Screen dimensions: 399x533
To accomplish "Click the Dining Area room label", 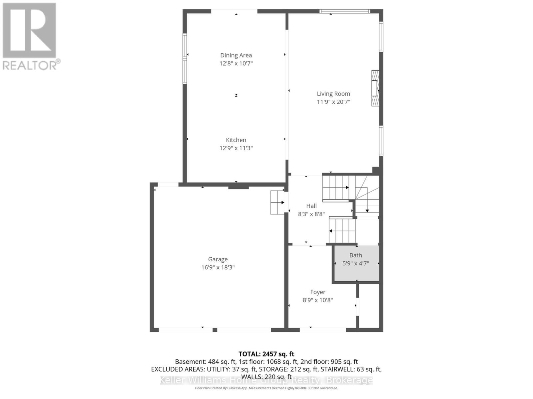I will [236, 55].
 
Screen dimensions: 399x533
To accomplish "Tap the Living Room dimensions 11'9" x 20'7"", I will [333, 102].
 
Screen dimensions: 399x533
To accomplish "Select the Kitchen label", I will [236, 140].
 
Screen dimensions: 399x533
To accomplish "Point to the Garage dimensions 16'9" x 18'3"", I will [218, 267].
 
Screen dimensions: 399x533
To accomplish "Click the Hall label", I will [311, 206].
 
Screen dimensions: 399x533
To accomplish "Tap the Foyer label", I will [317, 292].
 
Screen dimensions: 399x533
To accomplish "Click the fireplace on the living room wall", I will [375, 88].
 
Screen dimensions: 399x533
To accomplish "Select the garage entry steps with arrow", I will [277, 202].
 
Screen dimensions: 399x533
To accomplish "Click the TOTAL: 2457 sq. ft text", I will [266, 354].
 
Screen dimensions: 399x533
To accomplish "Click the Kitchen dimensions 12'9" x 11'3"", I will [236, 148].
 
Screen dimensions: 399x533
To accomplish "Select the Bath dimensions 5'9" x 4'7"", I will [356, 263].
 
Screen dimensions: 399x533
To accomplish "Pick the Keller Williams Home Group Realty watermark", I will [266, 380].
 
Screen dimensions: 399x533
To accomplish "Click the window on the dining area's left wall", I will [185, 59].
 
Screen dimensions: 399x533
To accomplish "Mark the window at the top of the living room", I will [344, 11].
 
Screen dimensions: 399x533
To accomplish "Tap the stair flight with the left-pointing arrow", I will [342, 230].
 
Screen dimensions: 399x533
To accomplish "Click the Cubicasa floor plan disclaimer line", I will [266, 388].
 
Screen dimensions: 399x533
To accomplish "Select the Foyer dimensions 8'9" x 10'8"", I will [317, 300].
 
